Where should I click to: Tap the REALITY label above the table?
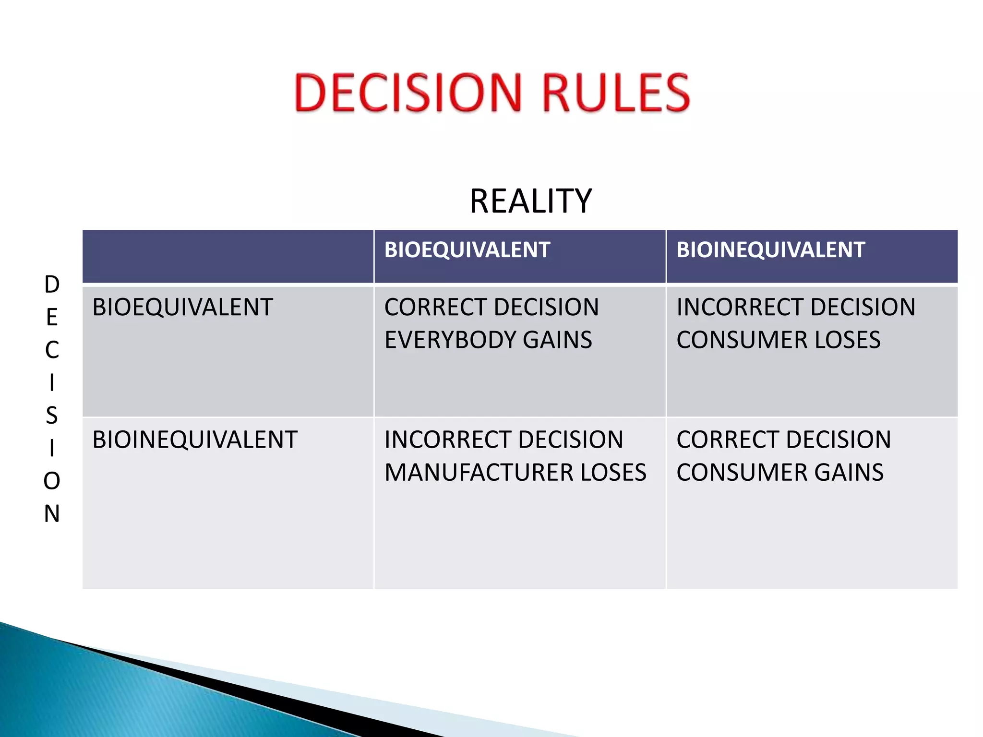coord(530,201)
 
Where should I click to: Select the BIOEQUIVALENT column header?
coord(467,250)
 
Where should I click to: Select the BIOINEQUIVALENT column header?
coord(770,250)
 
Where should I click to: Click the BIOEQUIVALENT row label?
coord(182,307)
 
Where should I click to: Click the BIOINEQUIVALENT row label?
coord(195,440)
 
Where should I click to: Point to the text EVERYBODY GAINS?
coord(488,340)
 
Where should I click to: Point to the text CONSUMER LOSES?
coord(778,340)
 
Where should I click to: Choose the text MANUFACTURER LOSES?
coord(515,472)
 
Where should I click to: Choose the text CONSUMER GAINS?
coord(779,472)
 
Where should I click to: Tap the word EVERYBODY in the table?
coord(450,340)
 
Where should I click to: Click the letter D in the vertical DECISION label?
coord(52,285)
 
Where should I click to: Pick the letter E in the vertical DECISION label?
coord(52,317)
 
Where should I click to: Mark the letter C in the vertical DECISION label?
coord(52,350)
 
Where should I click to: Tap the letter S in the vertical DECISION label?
coord(52,416)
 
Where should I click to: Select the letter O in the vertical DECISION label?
coord(52,481)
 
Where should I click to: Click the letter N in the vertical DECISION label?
coord(52,513)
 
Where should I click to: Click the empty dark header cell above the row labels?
coord(228,256)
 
